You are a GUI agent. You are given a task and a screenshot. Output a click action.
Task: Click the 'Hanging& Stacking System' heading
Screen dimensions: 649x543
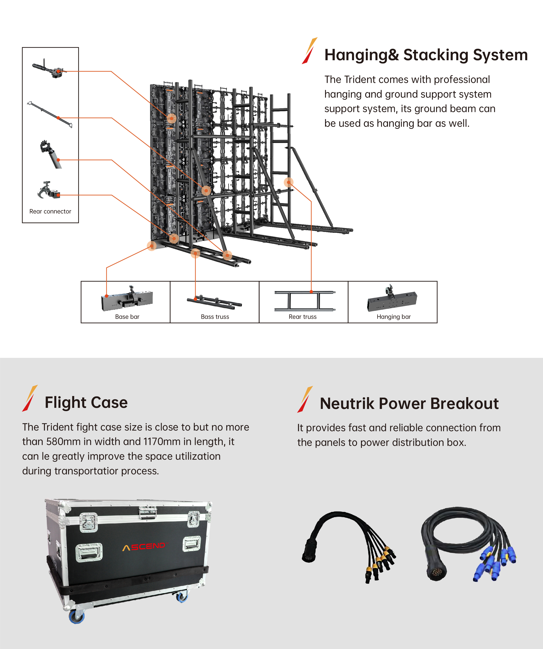pos(426,55)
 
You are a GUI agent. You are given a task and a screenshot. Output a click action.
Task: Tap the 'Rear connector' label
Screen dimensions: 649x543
pos(50,211)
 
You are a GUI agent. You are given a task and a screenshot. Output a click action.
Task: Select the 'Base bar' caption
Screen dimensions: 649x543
pos(127,317)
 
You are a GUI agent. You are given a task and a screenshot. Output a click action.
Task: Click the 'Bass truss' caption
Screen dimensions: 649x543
pos(215,317)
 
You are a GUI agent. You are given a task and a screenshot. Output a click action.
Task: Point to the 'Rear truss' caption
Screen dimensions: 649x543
pos(302,317)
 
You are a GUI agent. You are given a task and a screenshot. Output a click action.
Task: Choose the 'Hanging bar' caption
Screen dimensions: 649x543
pos(393,317)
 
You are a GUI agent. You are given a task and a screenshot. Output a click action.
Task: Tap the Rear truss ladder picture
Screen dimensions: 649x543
pos(305,300)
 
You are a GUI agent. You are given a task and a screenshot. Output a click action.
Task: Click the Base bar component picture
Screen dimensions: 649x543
pos(127,299)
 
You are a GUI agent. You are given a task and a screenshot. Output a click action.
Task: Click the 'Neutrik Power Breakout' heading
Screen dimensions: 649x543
pos(409,404)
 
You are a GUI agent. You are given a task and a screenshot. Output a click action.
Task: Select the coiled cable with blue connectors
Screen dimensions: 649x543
pos(467,544)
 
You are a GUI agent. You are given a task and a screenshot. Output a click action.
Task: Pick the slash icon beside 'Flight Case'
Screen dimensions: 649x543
pos(30,398)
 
